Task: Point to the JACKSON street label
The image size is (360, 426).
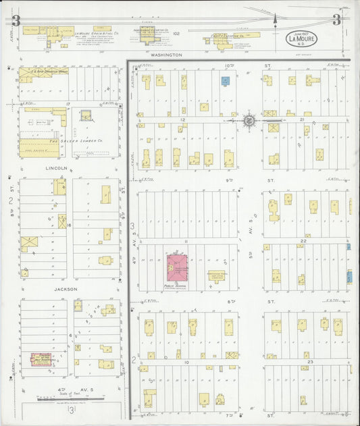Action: [x=66, y=288]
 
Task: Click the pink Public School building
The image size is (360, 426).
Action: [x=178, y=267]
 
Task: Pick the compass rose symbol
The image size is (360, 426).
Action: [x=249, y=120]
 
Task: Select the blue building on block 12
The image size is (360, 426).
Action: [x=226, y=80]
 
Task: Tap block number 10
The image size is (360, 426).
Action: [x=183, y=363]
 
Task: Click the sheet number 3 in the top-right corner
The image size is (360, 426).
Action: [x=336, y=19]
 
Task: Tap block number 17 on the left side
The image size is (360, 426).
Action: [x=68, y=104]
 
